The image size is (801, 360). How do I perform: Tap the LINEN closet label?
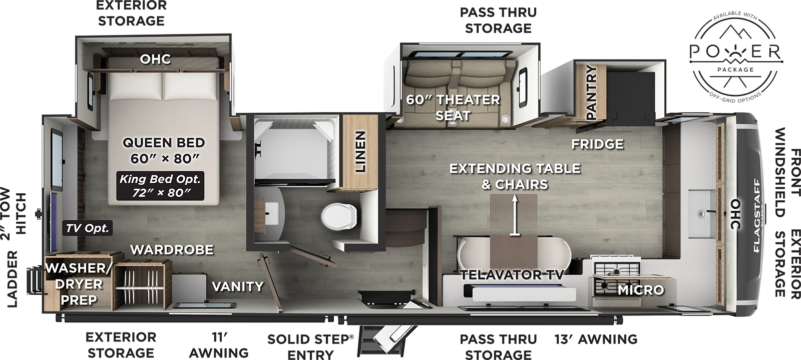pyautogui.click(x=359, y=152)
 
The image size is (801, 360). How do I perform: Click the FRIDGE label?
pyautogui.click(x=598, y=144)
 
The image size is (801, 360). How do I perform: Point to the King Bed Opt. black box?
pyautogui.click(x=160, y=186)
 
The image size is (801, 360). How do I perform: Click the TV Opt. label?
pyautogui.click(x=88, y=228)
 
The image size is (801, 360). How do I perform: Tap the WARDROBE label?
pyautogui.click(x=172, y=249)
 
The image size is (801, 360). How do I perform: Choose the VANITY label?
pyautogui.click(x=237, y=286)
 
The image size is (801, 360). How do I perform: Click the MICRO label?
pyautogui.click(x=640, y=290)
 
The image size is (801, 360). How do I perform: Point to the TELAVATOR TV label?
pyautogui.click(x=512, y=274)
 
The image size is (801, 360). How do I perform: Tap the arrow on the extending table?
pyautogui.click(x=514, y=215)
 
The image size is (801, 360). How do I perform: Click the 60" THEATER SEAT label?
pyautogui.click(x=453, y=107)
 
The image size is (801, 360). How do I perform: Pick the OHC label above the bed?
pyautogui.click(x=155, y=59)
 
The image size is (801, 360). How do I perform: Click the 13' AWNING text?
pyautogui.click(x=596, y=339)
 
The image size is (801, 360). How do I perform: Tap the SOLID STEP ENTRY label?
pyautogui.click(x=310, y=346)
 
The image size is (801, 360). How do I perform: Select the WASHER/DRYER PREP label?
pyautogui.click(x=78, y=284)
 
